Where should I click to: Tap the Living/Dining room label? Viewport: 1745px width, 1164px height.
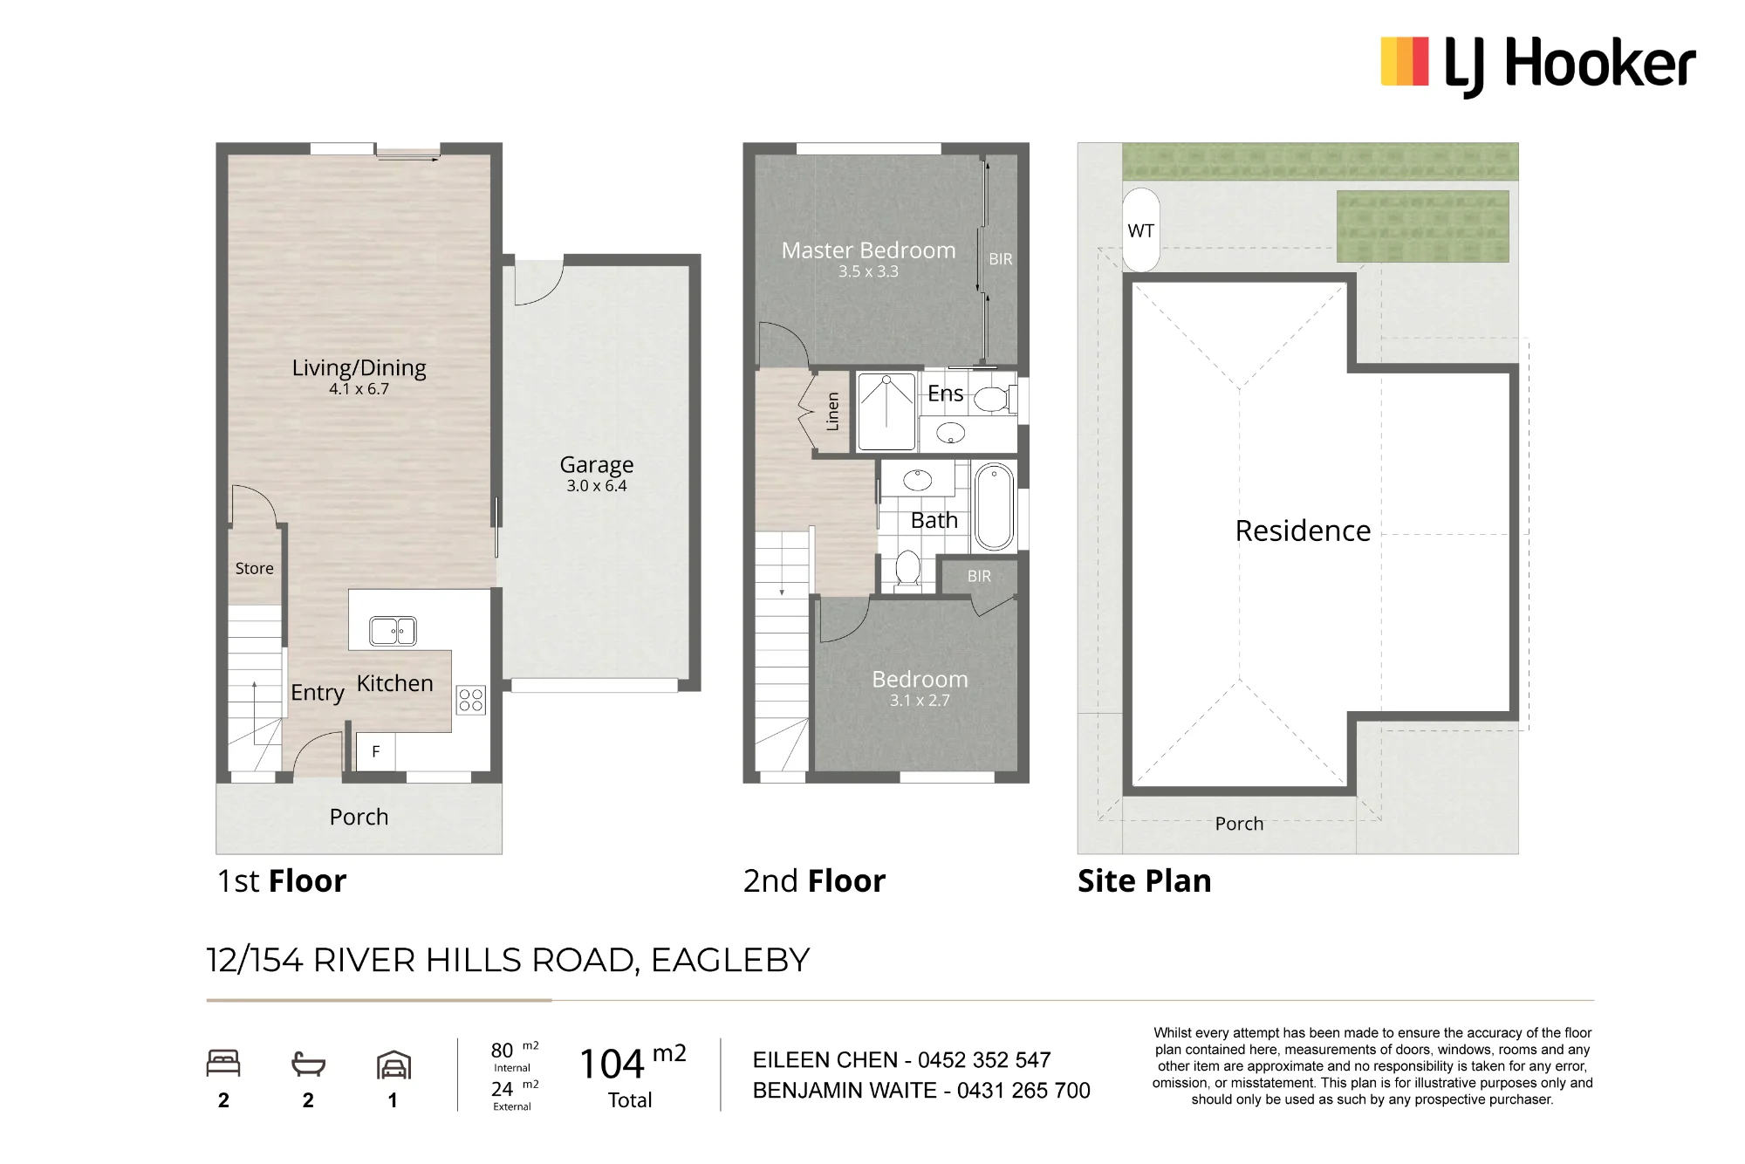pos(359,368)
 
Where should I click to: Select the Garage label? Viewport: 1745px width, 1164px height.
pos(597,465)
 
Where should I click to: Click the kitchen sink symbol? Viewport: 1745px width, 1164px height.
pos(393,631)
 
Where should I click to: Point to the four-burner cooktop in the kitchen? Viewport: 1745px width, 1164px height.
pos(471,700)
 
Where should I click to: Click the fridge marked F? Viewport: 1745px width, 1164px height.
pos(376,751)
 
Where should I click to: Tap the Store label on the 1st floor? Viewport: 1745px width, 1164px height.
pos(255,569)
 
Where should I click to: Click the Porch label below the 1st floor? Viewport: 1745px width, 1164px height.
pos(359,818)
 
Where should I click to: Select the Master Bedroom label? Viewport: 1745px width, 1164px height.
pos(868,250)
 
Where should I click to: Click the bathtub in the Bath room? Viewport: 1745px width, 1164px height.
pos(993,507)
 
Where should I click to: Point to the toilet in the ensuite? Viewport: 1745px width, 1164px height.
pos(993,400)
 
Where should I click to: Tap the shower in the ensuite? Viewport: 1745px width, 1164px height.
pos(886,412)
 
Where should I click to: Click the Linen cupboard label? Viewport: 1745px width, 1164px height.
pos(832,411)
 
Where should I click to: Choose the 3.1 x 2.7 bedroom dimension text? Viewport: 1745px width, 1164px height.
pos(920,701)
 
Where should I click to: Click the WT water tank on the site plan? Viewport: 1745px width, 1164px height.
pos(1141,230)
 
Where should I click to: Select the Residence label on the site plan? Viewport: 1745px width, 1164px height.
pos(1303,531)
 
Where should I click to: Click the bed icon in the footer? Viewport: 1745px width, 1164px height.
pos(223,1064)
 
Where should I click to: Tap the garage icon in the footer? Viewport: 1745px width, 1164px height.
pos(393,1065)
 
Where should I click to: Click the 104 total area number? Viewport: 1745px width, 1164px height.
pos(612,1065)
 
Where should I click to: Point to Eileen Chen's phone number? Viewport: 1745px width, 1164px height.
pos(984,1060)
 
